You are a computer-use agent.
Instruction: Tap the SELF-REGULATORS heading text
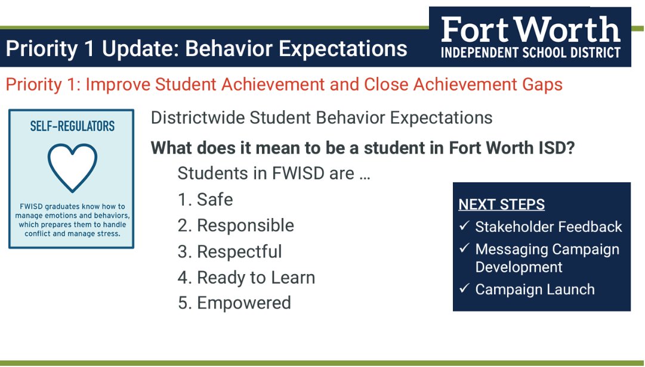(x=72, y=126)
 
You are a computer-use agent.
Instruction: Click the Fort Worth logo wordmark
(x=530, y=29)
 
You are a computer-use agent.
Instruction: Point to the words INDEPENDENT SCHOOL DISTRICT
(x=530, y=52)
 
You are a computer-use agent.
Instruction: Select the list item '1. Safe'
(x=205, y=200)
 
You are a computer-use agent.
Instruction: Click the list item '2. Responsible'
(x=236, y=226)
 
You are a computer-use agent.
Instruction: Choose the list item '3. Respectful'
(x=230, y=251)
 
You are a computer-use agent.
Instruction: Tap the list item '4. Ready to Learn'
(x=246, y=278)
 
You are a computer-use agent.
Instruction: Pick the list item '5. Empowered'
(x=234, y=303)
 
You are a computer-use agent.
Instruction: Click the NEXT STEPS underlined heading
(x=501, y=205)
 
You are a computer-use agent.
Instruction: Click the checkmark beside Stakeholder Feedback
(x=464, y=226)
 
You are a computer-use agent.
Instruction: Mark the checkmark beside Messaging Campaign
(x=464, y=248)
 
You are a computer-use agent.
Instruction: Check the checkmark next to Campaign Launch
(x=464, y=289)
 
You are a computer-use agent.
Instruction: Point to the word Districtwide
(x=197, y=117)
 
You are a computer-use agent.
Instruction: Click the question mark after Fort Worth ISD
(x=570, y=147)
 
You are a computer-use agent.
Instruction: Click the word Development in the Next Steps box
(x=519, y=267)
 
